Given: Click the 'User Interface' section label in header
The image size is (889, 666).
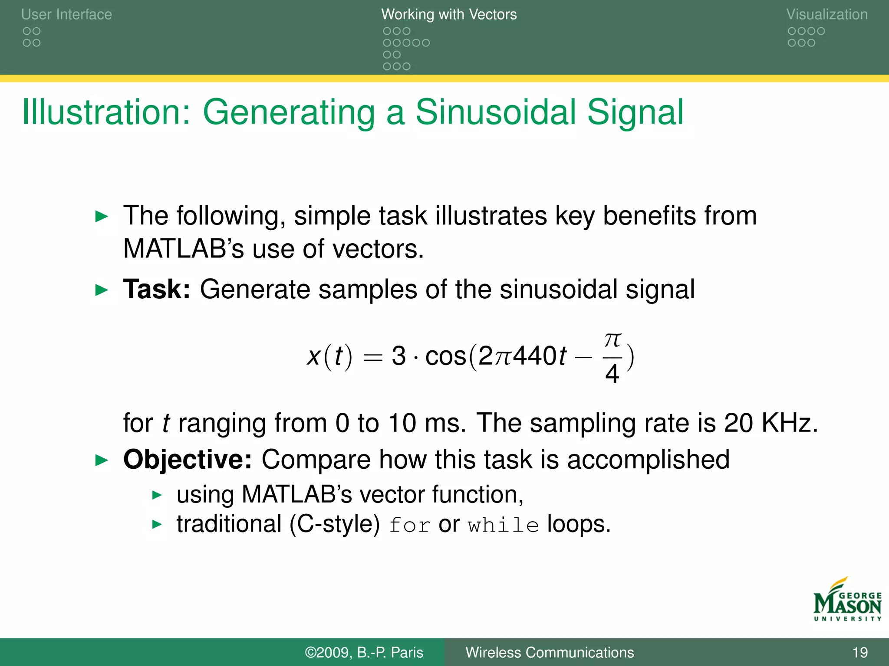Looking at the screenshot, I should [x=66, y=14].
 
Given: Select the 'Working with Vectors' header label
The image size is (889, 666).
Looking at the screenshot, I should [x=449, y=14].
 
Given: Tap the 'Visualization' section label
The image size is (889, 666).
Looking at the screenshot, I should [x=826, y=14].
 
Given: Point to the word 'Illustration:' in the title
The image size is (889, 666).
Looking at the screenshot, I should [x=106, y=112].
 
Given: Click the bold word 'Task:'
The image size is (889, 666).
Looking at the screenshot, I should [x=157, y=289].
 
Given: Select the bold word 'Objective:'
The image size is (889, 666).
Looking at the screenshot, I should [x=187, y=459].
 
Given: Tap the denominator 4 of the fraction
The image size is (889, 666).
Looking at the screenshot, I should [x=612, y=374].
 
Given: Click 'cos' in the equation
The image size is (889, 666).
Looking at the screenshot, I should [x=445, y=356].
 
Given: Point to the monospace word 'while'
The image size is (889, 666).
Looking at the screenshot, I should [x=503, y=525].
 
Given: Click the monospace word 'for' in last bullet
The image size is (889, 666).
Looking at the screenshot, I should [x=409, y=525].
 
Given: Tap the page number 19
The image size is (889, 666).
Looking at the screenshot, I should [x=859, y=652].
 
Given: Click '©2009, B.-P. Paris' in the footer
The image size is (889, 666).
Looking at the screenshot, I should [x=364, y=652].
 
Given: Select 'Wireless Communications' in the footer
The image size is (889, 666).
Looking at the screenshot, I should [x=549, y=652].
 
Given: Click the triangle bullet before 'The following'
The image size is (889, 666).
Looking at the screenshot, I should [x=101, y=216].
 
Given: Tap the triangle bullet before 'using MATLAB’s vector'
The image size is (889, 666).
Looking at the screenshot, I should [x=157, y=495].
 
